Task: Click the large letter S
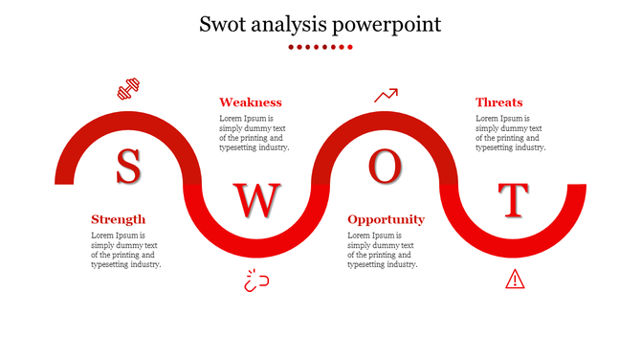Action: [127, 167]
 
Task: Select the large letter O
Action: [385, 167]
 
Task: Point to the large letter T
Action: [515, 200]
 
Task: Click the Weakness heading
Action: [251, 102]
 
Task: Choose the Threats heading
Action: [499, 102]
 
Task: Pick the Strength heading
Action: [119, 219]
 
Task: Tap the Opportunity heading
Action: [386, 219]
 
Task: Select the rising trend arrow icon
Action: [386, 95]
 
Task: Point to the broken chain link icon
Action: [255, 281]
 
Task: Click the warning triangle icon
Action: [515, 279]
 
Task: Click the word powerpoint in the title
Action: [392, 24]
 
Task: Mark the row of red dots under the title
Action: [320, 46]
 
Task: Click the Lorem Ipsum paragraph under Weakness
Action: [254, 133]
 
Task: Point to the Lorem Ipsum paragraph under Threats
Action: [511, 133]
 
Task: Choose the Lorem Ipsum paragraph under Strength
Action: [126, 250]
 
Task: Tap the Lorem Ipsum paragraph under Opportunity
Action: [383, 250]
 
